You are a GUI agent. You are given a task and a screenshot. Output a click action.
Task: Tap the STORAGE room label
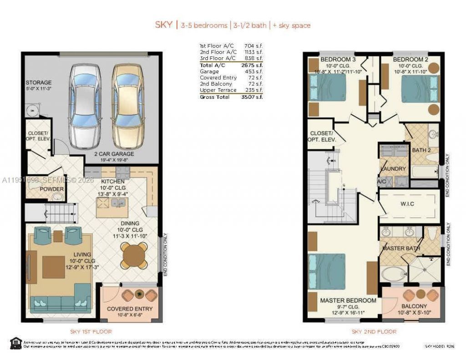click(39, 83)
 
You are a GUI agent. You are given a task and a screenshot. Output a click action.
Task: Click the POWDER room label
click(51, 189)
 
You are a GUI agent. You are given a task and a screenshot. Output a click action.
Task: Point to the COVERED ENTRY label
click(130, 309)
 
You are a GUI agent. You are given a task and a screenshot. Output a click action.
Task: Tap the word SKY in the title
click(163, 25)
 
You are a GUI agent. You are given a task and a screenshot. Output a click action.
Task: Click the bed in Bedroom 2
click(419, 89)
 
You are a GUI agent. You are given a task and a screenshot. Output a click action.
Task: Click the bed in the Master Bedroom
click(327, 271)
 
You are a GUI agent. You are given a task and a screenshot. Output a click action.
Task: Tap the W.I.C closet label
click(407, 204)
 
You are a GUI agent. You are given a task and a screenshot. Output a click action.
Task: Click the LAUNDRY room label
click(393, 169)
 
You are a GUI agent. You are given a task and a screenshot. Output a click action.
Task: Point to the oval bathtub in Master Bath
click(392, 274)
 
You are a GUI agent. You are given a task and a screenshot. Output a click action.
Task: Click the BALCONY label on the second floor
click(414, 306)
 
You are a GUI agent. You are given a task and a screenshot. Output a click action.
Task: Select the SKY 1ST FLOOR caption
click(91, 331)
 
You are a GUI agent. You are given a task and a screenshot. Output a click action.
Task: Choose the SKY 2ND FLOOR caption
click(374, 331)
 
